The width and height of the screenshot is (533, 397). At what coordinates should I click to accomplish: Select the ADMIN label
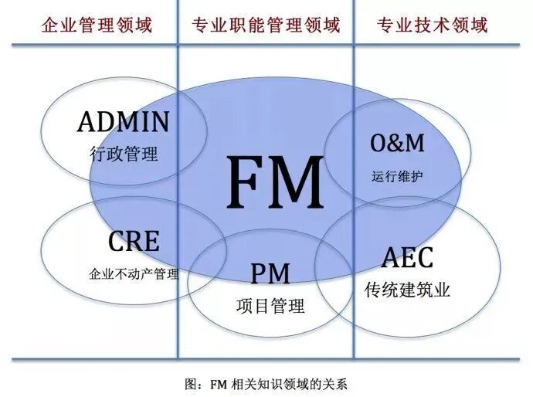click(x=124, y=122)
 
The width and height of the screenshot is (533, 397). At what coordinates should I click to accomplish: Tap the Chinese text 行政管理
click(x=124, y=154)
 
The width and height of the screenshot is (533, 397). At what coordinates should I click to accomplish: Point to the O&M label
click(x=398, y=143)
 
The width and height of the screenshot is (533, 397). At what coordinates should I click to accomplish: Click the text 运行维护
click(x=397, y=176)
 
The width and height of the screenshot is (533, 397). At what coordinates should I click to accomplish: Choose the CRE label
click(x=134, y=242)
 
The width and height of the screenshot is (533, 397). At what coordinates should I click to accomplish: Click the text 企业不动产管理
click(x=134, y=273)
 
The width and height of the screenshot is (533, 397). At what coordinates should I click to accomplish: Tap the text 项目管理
click(x=270, y=305)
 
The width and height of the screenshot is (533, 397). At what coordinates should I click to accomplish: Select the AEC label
click(x=407, y=259)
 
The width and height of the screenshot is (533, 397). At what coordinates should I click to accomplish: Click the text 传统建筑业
click(x=407, y=291)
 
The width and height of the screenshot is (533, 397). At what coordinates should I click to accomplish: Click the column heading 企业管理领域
click(x=97, y=25)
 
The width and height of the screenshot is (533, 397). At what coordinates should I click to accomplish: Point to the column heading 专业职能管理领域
click(x=265, y=25)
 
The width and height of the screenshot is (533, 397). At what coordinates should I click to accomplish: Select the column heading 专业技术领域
click(x=433, y=25)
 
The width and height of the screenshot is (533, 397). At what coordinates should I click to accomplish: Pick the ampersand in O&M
click(x=397, y=143)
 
